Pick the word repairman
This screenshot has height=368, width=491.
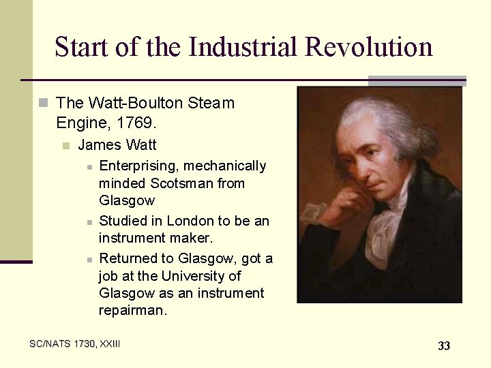pyautogui.click(x=132, y=310)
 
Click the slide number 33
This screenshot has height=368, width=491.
pyautogui.click(x=444, y=346)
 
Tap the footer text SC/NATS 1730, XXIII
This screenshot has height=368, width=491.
pyautogui.click(x=75, y=344)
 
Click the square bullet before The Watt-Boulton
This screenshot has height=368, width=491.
pyautogui.click(x=44, y=104)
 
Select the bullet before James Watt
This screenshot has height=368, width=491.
pyautogui.click(x=65, y=145)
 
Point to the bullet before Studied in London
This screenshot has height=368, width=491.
pyautogui.click(x=89, y=222)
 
